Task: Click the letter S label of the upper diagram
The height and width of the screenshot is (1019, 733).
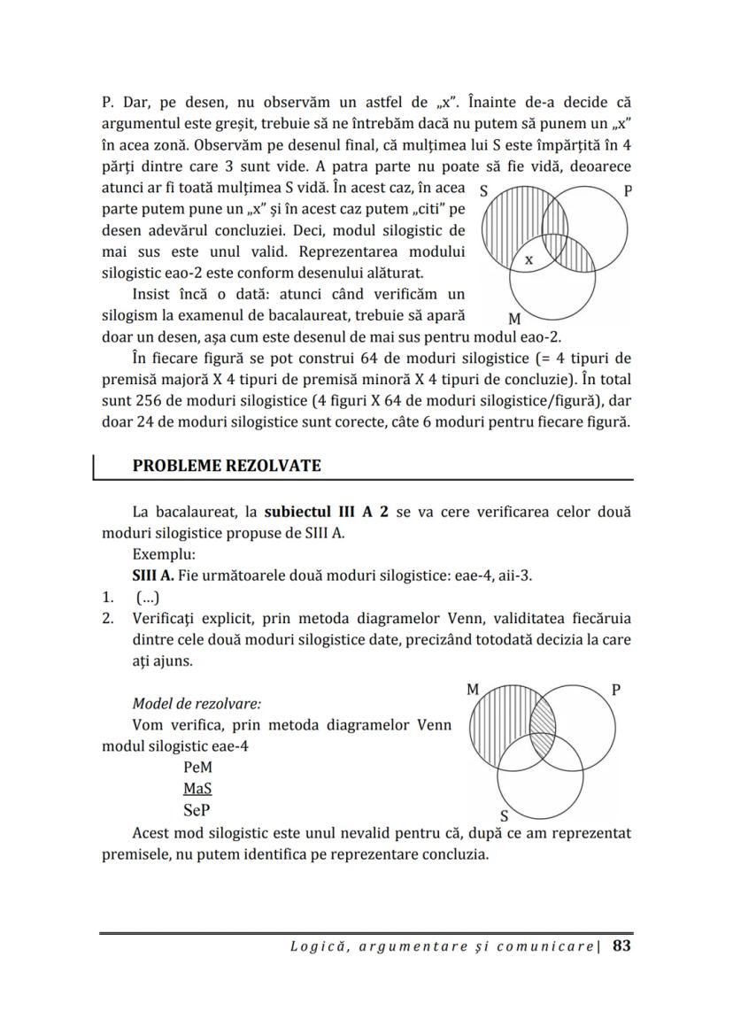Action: (x=483, y=190)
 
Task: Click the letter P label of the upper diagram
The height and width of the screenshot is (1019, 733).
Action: (x=628, y=191)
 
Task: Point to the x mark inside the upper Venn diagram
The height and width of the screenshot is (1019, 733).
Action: (x=529, y=260)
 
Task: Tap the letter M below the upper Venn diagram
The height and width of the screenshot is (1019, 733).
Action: (x=515, y=318)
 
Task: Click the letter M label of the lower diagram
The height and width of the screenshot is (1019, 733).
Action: (x=473, y=689)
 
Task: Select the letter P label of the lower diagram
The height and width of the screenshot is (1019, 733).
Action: (x=616, y=689)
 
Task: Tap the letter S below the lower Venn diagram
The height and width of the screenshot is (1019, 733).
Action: (x=505, y=816)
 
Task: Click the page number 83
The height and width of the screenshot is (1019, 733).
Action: (x=621, y=946)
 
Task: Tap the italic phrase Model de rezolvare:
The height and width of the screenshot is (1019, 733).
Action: (x=197, y=704)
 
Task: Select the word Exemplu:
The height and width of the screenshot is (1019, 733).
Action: (x=161, y=555)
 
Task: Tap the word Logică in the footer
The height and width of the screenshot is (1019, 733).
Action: (x=317, y=946)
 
